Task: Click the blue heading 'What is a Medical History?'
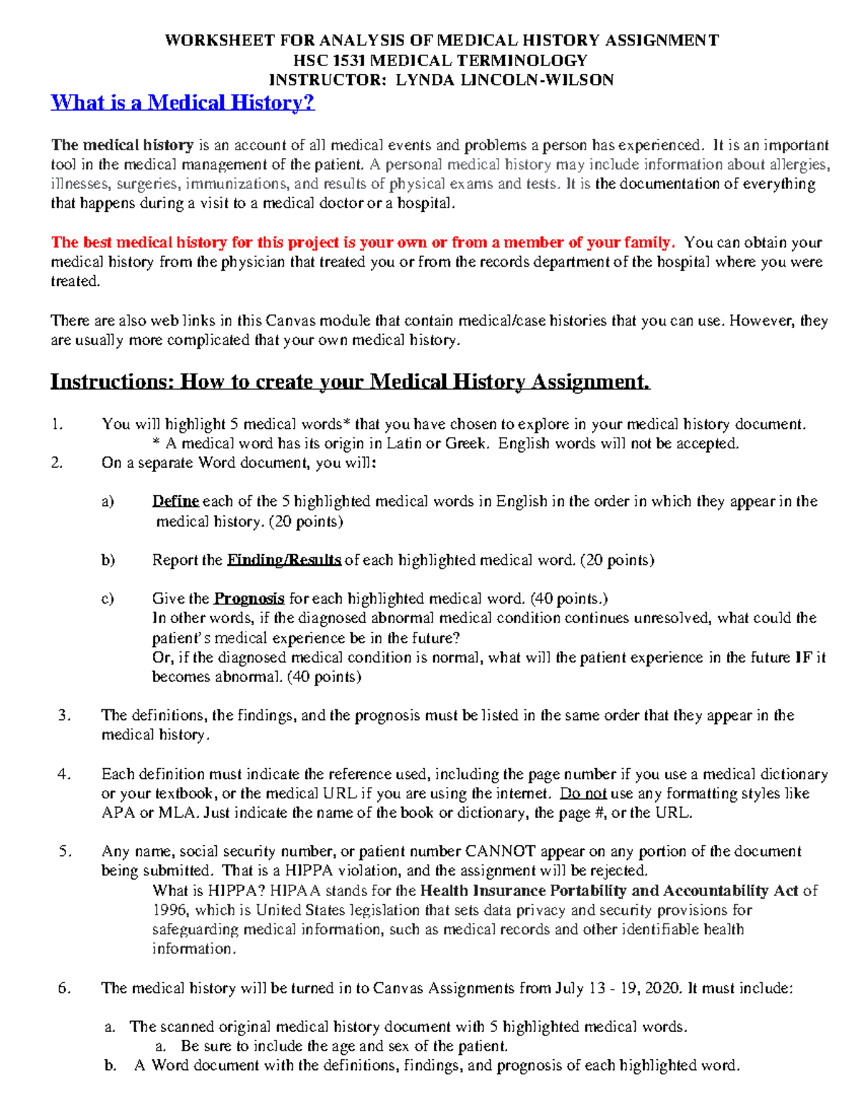click(182, 103)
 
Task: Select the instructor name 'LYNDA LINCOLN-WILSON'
click(504, 80)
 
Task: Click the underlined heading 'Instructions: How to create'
click(350, 381)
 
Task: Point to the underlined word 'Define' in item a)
click(175, 502)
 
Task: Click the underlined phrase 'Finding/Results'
click(284, 560)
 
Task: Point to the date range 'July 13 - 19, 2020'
click(617, 988)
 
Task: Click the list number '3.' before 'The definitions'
click(65, 715)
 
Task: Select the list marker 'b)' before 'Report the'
click(108, 560)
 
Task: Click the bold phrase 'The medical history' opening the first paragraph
click(122, 145)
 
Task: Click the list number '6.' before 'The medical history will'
click(65, 988)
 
